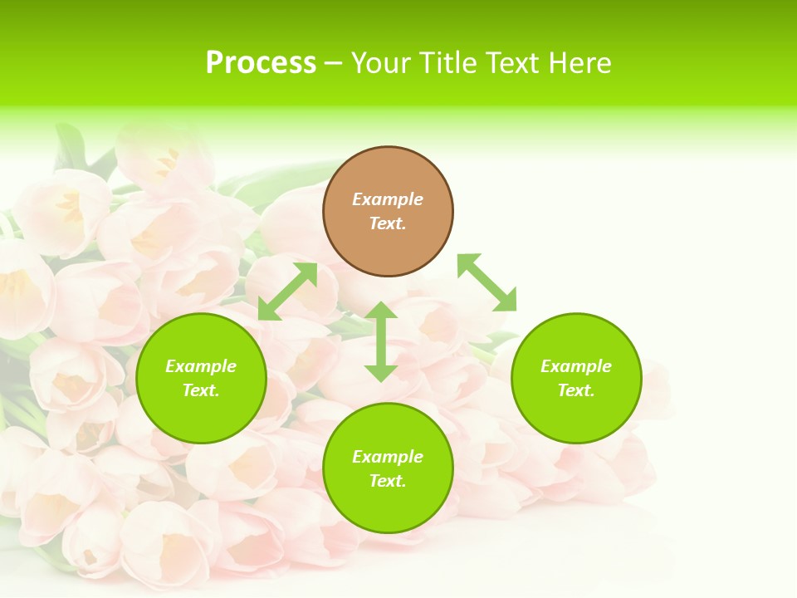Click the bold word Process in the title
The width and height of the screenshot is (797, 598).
coord(261,63)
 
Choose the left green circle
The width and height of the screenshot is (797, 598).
coord(201,415)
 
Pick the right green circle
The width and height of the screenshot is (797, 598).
coord(576,415)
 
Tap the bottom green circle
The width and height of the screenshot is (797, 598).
coord(388,507)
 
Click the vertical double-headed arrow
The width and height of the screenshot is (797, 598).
coord(381,341)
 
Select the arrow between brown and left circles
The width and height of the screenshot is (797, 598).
coord(287,292)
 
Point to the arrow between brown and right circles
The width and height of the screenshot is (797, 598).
coord(487,282)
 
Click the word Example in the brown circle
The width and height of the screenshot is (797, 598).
coord(388,199)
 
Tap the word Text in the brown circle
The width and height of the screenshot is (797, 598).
coord(387,223)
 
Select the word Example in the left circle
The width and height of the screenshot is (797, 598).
coord(201,366)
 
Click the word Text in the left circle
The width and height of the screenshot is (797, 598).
coord(200,390)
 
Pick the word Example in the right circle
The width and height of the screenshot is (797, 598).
coord(576,366)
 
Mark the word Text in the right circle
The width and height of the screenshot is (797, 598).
coord(575,390)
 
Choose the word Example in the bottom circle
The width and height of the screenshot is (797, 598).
coord(388,457)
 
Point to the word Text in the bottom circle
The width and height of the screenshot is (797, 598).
coord(387,481)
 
